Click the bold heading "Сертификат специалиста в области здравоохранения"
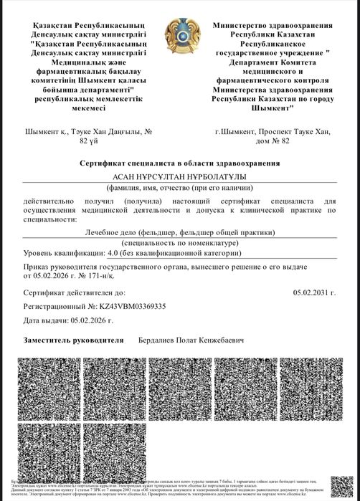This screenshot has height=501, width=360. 180,164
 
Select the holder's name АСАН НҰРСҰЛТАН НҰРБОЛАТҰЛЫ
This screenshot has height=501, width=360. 180,176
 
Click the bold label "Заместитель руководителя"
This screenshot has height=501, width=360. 73,339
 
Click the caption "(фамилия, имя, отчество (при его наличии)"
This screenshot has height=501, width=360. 180,186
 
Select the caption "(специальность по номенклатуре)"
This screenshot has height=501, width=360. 180,244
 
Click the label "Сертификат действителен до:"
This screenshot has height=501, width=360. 75,293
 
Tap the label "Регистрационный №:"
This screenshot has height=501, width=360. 58,306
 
